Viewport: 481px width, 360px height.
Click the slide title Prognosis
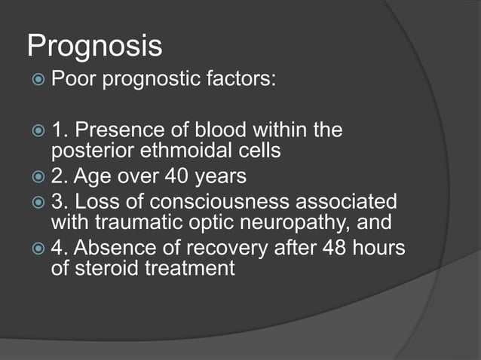[x=94, y=47]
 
